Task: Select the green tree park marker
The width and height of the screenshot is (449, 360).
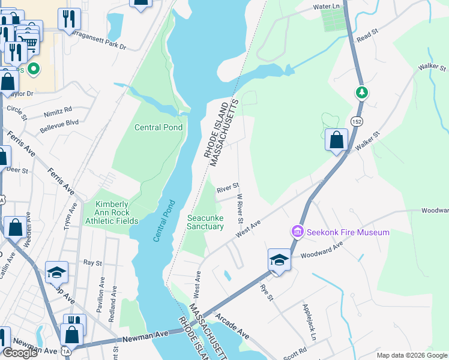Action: click(361, 92)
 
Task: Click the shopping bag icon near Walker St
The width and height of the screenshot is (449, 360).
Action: click(337, 139)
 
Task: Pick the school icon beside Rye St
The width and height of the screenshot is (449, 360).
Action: click(279, 259)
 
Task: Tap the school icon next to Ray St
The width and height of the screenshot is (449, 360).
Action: click(57, 272)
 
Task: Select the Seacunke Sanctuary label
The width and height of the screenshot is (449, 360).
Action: click(206, 221)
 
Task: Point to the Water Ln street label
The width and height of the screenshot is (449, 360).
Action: click(327, 7)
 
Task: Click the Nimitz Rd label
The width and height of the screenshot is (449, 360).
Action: click(58, 110)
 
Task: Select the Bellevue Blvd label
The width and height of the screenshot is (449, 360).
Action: click(59, 122)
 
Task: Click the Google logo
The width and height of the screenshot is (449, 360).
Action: click(20, 353)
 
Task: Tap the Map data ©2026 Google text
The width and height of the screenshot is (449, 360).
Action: click(412, 355)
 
